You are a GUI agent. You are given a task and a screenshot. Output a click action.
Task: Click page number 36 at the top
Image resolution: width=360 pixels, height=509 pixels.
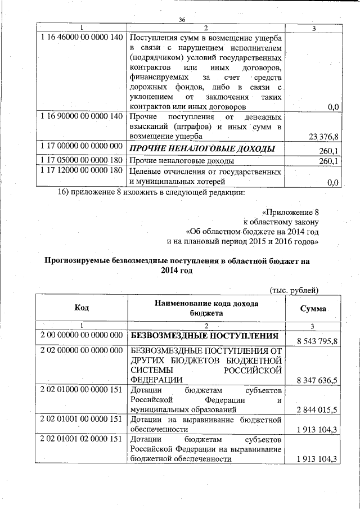[182, 20]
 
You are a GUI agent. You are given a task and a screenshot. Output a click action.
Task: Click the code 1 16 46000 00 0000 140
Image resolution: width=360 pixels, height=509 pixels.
[82, 37]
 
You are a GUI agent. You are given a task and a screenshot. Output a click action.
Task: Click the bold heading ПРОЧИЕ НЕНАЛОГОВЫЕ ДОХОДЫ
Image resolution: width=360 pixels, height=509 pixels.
[202, 149]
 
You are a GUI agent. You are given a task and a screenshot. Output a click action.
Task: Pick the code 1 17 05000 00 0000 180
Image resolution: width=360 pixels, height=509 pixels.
[82, 160]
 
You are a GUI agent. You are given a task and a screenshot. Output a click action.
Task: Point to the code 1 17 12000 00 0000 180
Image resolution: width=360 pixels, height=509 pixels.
[82, 170]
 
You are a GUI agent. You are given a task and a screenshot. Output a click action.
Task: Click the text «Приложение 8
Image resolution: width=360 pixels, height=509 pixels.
[291, 213]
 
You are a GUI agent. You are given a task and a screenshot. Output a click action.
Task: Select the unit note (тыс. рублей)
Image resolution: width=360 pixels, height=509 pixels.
[295, 290]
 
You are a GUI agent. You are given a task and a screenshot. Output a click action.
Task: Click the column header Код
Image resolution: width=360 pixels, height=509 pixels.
[82, 308]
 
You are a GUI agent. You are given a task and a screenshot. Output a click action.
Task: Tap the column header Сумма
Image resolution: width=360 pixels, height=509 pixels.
[313, 309]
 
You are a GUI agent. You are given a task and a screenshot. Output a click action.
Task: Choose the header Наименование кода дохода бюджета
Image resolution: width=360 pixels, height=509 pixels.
[206, 308]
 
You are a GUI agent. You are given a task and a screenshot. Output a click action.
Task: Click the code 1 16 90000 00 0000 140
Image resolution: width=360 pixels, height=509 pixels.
[82, 116]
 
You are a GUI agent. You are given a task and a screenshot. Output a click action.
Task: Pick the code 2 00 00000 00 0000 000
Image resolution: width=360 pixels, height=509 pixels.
[82, 335]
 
